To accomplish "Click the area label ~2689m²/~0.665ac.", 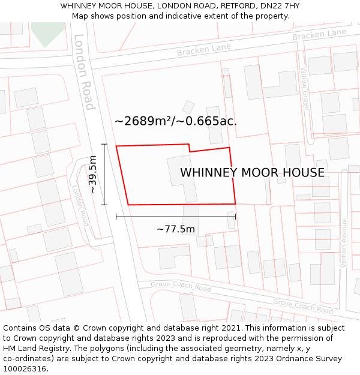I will (176, 121).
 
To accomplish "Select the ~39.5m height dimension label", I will (92, 174).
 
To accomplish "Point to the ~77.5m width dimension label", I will (176, 229).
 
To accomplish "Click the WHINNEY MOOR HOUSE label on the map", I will (252, 173).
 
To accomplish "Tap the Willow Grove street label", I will (305, 89).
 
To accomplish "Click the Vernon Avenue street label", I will (344, 243).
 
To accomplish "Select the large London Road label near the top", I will (84, 72).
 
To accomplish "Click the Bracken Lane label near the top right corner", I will (319, 35).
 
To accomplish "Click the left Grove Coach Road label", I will (181, 286).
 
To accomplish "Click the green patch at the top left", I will (47, 33).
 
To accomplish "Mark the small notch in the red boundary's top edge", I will (190, 148).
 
